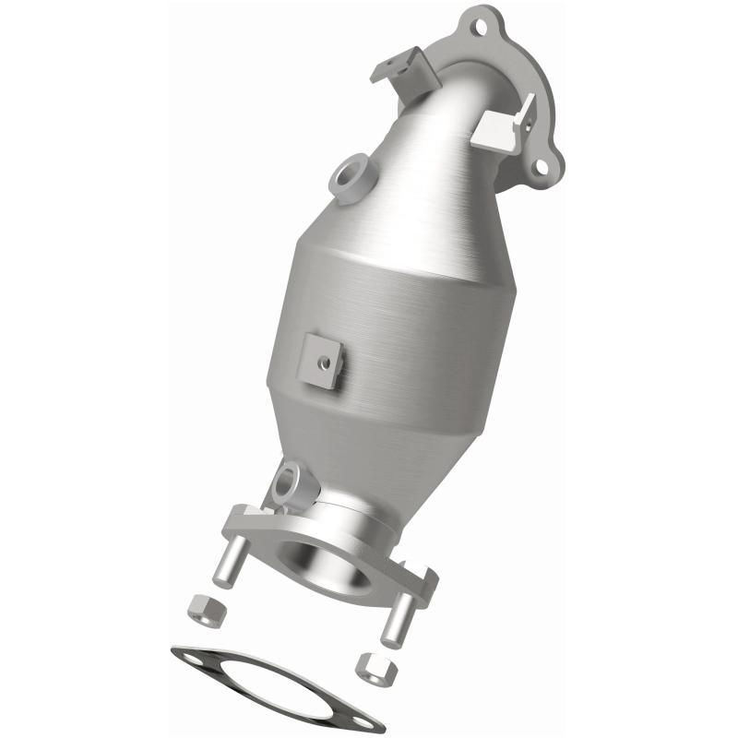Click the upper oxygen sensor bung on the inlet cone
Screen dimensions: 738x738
(351, 176)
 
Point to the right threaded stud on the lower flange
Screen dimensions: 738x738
(396, 615)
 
